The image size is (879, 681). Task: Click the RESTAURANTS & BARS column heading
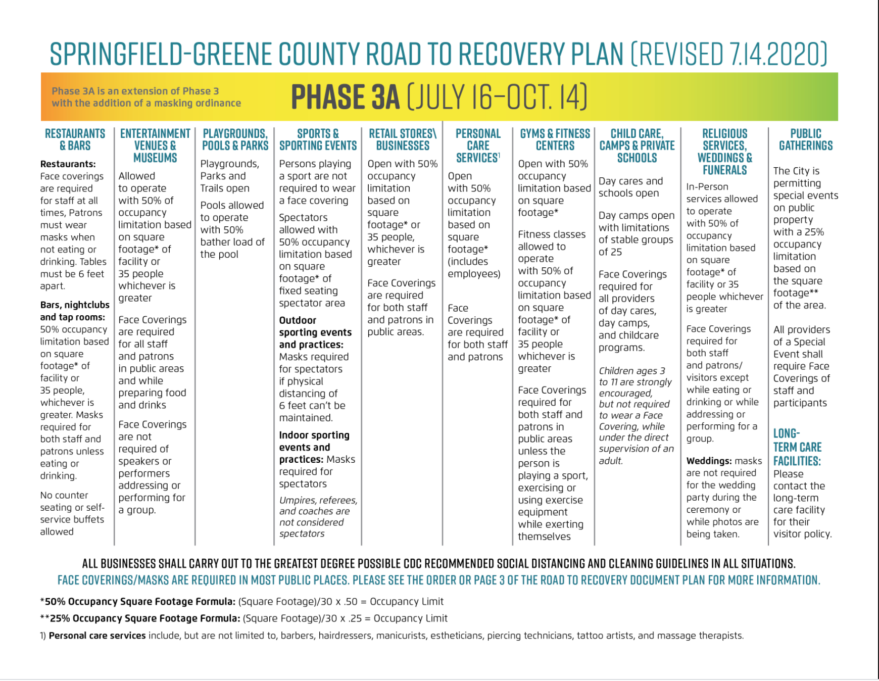coord(75,140)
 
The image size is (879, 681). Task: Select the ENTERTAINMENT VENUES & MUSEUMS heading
coord(155,146)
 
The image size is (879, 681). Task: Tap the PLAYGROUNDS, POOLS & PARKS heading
coord(235,140)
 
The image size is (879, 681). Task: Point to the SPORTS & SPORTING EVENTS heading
coord(318,140)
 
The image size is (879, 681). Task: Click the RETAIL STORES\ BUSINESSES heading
coord(403,140)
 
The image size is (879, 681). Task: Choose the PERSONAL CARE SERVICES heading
coord(478,146)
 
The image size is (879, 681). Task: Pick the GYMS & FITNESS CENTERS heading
coord(555,140)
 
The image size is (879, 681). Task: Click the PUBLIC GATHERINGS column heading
coord(806,140)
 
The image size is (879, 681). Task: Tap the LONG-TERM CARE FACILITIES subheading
coord(797,447)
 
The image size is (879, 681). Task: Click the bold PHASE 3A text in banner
coord(346,98)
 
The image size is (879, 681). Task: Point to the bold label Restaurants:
coord(68,164)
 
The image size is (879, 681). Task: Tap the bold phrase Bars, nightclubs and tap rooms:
coord(74,311)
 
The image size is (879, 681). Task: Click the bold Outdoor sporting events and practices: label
coord(315,332)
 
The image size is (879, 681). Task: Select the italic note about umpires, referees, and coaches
coord(318,516)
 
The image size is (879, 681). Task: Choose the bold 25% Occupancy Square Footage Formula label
coord(142,618)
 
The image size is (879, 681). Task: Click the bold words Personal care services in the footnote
coord(97,636)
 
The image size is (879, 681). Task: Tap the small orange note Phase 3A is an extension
coord(146,97)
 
